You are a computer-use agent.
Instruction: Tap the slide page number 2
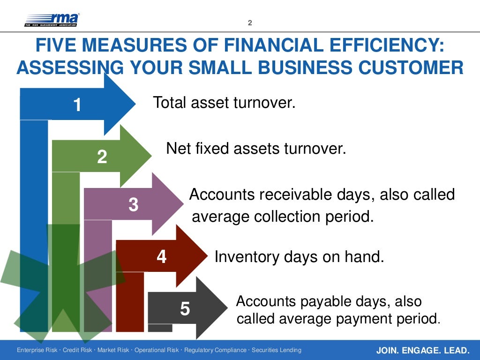tap(250, 23)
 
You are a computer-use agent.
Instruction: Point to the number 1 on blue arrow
tap(77, 105)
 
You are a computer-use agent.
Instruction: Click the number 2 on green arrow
tap(102, 157)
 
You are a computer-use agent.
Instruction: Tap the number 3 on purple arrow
tap(134, 205)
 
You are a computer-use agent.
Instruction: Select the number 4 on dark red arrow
tap(162, 256)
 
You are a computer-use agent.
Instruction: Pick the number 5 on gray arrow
tap(185, 309)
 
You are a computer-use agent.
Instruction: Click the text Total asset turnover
tap(224, 103)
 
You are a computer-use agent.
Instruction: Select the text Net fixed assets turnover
tap(256, 149)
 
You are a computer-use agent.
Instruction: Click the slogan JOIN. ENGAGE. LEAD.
tap(422, 351)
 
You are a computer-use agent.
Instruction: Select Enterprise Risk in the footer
tap(37, 351)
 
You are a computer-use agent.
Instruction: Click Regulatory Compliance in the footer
tap(215, 351)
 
